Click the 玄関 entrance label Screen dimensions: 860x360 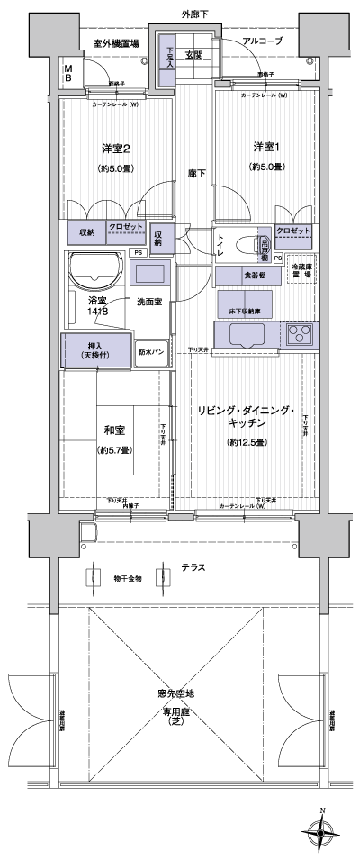193,55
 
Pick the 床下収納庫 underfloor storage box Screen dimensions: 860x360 240,303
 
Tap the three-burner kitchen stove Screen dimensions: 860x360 301,335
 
